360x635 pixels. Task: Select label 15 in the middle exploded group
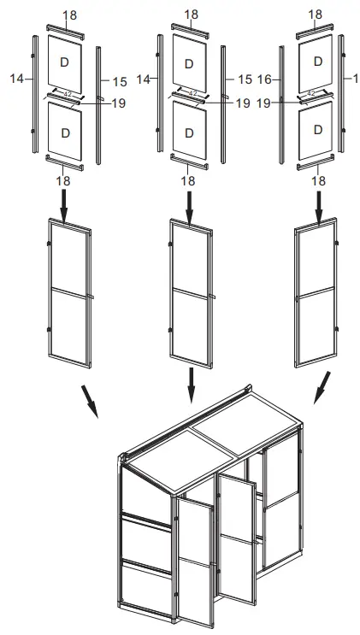point(245,79)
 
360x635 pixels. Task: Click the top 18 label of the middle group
point(190,15)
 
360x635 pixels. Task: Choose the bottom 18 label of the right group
point(318,181)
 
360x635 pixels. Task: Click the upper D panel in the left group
point(65,62)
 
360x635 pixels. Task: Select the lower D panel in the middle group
point(189,132)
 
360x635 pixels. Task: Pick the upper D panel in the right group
point(317,62)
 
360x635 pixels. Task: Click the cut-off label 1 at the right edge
point(354,79)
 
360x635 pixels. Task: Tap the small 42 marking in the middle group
point(192,92)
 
